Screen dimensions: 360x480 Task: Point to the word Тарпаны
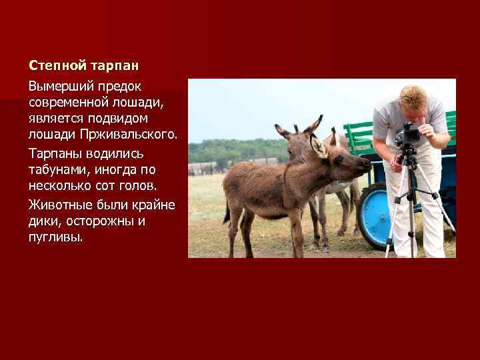click(x=55, y=153)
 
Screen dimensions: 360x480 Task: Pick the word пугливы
click(x=56, y=237)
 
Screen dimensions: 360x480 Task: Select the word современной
click(x=68, y=103)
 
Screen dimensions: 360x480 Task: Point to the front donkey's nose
click(x=365, y=163)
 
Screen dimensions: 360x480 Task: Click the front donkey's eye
click(x=339, y=159)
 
